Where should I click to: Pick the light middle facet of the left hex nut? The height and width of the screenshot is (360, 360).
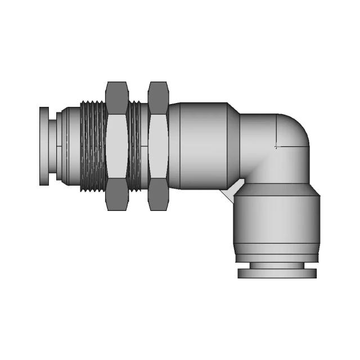116,146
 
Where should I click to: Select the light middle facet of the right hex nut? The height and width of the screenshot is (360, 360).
158,146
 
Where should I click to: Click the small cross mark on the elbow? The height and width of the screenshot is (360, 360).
276,147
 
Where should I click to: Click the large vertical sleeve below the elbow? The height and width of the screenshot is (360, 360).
276,222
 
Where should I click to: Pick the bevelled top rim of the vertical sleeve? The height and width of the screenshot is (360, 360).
276,190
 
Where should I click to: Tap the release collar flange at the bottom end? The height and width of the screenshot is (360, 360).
277,273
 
